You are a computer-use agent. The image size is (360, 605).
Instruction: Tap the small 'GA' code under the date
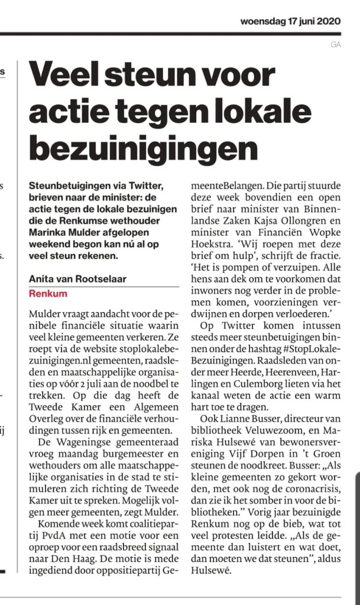(336, 44)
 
